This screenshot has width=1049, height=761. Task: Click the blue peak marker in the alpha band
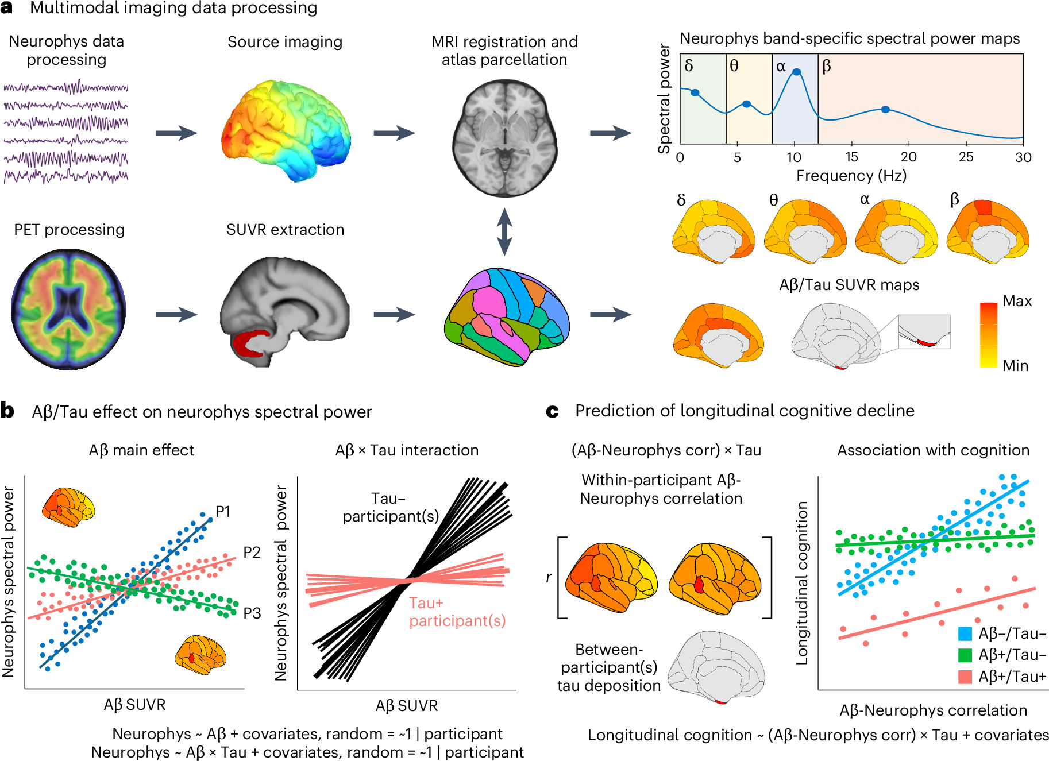click(x=796, y=72)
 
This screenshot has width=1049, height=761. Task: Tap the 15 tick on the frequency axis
click(x=851, y=157)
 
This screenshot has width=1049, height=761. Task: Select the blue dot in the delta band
click(x=695, y=92)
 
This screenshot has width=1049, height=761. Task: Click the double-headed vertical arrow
click(x=504, y=231)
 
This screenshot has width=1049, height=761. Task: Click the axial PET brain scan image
click(x=68, y=309)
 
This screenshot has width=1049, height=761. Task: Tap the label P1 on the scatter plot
click(x=223, y=511)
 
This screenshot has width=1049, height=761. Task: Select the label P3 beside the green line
click(x=252, y=613)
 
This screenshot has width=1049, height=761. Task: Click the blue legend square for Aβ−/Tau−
click(x=965, y=634)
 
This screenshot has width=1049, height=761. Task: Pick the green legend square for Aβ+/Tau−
click(x=965, y=655)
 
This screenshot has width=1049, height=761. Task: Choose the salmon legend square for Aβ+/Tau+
click(x=965, y=677)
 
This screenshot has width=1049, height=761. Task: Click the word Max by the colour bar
click(x=1017, y=301)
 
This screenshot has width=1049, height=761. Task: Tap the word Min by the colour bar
click(x=1015, y=366)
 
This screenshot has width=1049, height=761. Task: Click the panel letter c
click(x=552, y=411)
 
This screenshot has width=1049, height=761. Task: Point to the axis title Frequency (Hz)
click(x=851, y=176)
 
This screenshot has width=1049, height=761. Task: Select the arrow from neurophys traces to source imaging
click(x=176, y=133)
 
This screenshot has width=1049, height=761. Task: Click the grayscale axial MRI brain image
click(x=505, y=138)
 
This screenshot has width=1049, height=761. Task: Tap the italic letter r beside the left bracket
click(x=549, y=577)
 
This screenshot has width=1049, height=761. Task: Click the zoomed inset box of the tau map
click(x=924, y=331)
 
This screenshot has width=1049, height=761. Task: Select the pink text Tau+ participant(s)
click(x=457, y=612)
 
